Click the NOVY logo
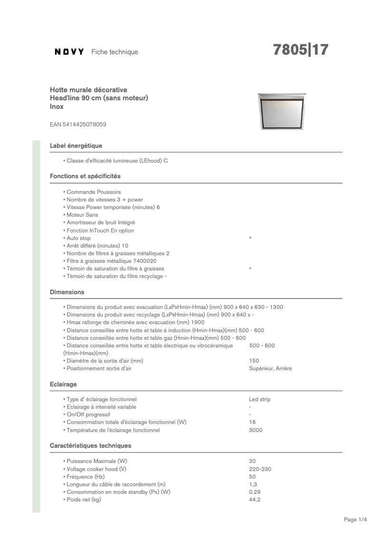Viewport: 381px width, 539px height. click(x=69, y=52)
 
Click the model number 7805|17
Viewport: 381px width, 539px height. click(x=301, y=50)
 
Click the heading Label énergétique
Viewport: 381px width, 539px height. click(x=76, y=145)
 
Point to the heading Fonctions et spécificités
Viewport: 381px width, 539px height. click(x=85, y=176)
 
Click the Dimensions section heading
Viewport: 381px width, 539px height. click(x=67, y=292)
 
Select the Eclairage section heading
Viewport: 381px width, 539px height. click(x=63, y=384)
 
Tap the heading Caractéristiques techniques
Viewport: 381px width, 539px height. click(x=90, y=445)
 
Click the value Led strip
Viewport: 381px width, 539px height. click(x=259, y=399)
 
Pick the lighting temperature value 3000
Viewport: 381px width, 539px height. click(x=256, y=430)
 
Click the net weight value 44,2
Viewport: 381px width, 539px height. click(x=255, y=500)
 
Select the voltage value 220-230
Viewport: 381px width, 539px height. click(x=260, y=469)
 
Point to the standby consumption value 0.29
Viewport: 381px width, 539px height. click(x=255, y=492)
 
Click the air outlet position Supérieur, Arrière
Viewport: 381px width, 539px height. click(x=270, y=368)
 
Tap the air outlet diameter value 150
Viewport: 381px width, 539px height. click(x=254, y=361)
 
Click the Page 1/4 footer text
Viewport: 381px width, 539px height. click(x=355, y=520)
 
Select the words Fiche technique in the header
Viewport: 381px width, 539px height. click(x=114, y=52)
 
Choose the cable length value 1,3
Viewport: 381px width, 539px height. click(x=253, y=484)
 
